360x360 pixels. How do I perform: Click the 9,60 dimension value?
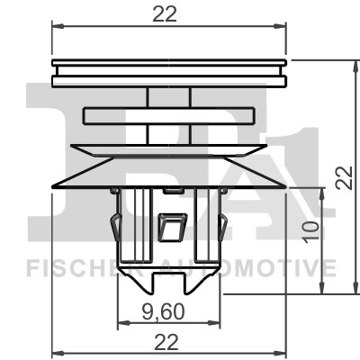point(170,310)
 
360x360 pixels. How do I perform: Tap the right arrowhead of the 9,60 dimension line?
point(219,323)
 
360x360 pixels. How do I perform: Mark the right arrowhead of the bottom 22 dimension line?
point(283,353)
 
